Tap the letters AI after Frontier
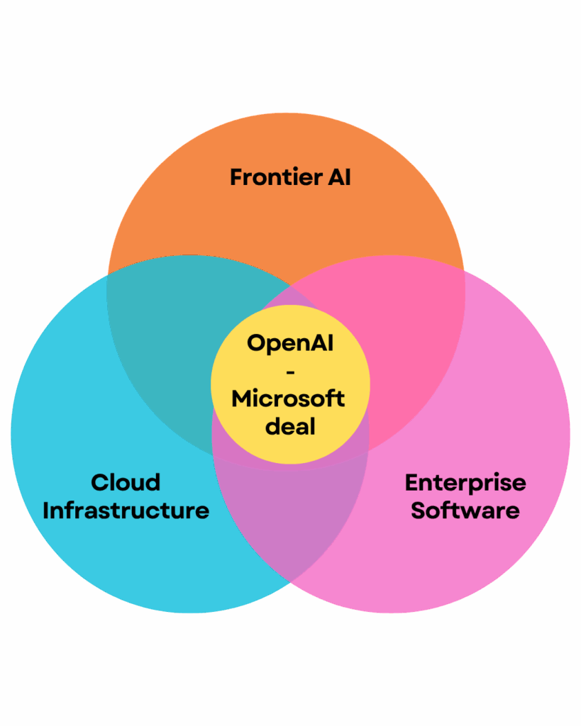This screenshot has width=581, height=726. [336, 177]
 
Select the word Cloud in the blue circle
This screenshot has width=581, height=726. [126, 483]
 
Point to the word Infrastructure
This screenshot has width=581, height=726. [126, 510]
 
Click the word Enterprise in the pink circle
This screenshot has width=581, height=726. [465, 483]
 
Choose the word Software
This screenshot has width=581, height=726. [465, 510]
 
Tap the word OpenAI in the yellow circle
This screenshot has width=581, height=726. [290, 343]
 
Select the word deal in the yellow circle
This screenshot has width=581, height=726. [290, 427]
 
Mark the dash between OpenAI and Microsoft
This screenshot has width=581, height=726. [290, 371]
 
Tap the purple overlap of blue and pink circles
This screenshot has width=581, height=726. [291, 525]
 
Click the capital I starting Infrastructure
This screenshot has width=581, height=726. [46, 510]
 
